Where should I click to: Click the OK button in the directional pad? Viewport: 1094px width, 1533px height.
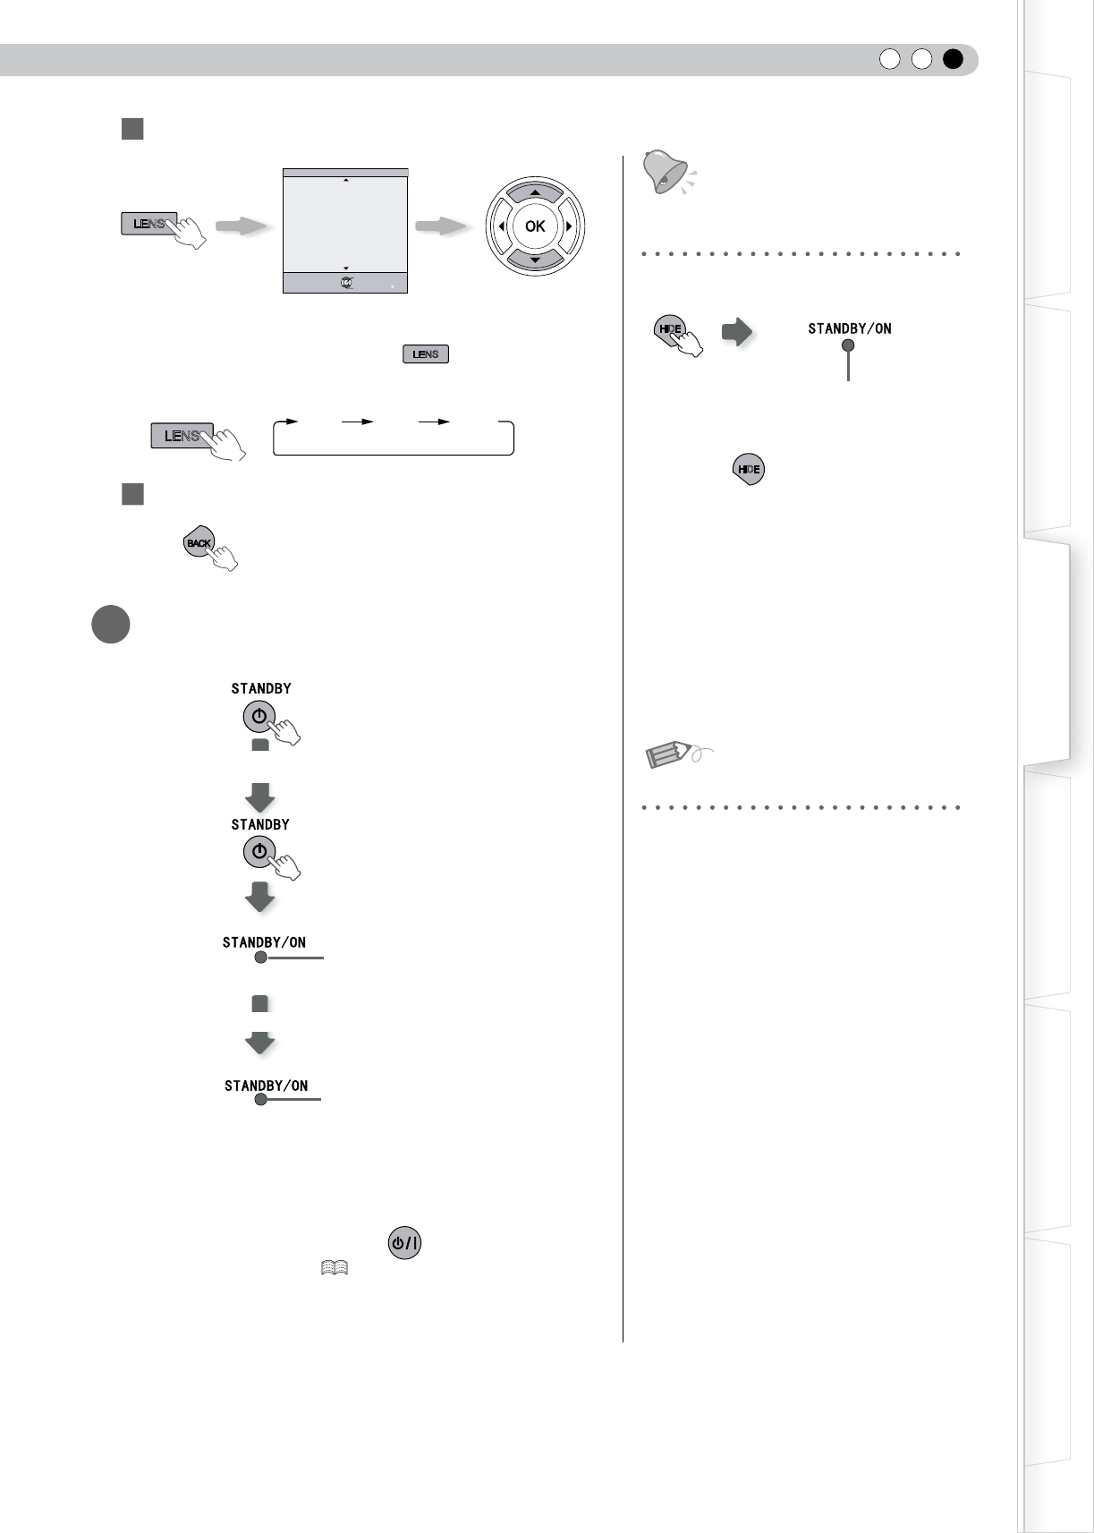point(535,226)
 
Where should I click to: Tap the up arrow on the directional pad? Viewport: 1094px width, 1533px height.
point(535,193)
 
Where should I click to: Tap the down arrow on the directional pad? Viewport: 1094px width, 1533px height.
point(535,260)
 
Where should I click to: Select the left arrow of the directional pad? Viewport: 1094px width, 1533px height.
point(501,226)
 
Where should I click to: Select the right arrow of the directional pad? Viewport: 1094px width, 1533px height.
point(569,226)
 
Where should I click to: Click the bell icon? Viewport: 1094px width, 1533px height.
point(666,173)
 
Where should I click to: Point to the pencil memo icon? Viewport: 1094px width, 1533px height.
point(669,754)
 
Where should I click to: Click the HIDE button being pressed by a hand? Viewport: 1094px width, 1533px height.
point(670,329)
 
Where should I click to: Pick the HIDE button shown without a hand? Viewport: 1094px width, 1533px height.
point(749,469)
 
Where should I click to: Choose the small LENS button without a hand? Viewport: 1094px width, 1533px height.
point(426,354)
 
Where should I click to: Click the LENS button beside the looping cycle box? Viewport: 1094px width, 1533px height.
point(182,436)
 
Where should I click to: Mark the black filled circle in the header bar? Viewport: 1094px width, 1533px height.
point(953,59)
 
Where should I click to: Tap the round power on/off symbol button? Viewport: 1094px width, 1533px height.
point(404,1243)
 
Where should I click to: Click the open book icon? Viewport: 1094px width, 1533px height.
point(334,1268)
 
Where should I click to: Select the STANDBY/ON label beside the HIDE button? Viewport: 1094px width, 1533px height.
point(849,328)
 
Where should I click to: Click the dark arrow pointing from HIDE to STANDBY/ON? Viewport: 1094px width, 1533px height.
point(737,333)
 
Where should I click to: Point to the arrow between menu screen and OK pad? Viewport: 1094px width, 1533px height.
point(442,226)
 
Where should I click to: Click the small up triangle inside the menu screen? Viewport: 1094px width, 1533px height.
point(346,181)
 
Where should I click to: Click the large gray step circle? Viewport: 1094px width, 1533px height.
point(110,625)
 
